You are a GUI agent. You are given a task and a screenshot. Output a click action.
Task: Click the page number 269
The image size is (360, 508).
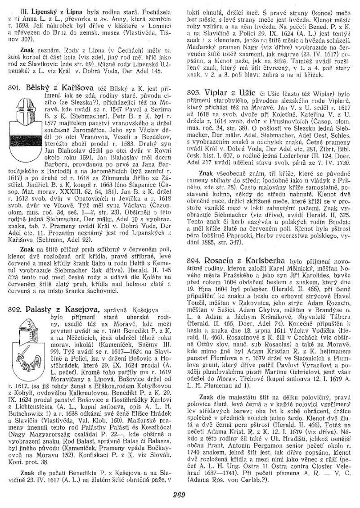tap(179, 494)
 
